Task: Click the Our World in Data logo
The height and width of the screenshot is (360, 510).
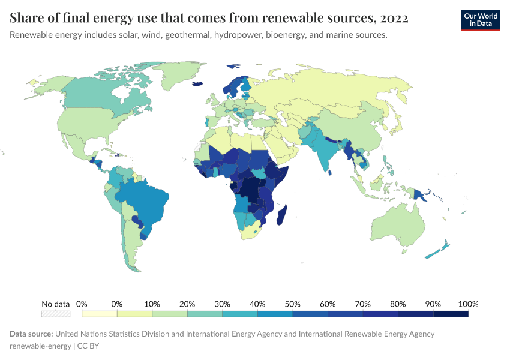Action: tap(480, 20)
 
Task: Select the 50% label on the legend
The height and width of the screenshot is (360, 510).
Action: tap(293, 304)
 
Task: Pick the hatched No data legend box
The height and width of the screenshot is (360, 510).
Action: tap(56, 314)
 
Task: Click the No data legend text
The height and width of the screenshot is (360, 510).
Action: tap(56, 304)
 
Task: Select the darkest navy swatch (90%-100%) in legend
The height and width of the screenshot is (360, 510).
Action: tap(451, 314)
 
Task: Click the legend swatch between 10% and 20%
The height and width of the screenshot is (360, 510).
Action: tap(170, 314)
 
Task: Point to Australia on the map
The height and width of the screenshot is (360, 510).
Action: tap(398, 225)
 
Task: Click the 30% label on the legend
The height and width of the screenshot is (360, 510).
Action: tap(222, 304)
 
